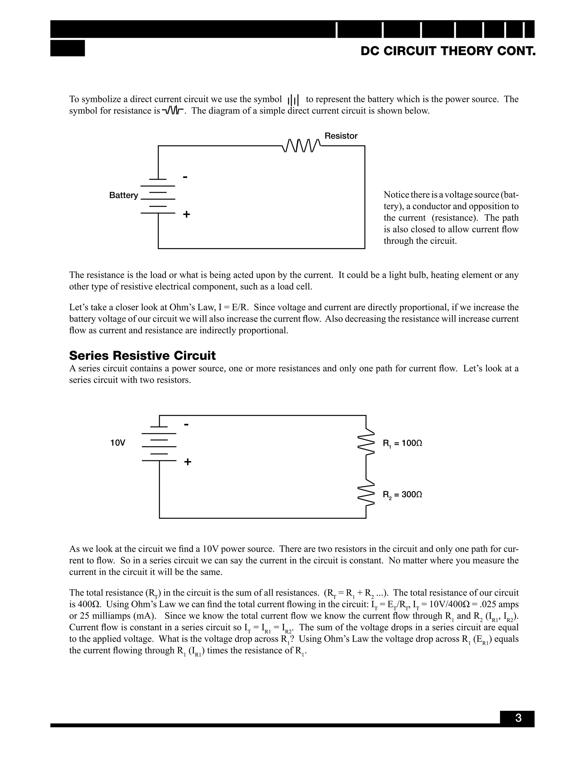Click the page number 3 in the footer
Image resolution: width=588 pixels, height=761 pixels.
(x=518, y=718)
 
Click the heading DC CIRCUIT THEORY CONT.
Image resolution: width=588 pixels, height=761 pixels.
(x=448, y=51)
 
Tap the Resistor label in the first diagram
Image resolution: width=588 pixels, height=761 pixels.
(x=341, y=136)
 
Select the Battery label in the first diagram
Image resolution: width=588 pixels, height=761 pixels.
(x=123, y=195)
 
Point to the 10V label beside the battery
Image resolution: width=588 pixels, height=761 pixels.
(x=117, y=443)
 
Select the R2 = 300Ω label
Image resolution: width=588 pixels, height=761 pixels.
(x=402, y=495)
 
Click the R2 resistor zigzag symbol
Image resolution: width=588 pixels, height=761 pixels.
(x=366, y=494)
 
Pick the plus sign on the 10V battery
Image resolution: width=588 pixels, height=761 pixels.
(x=187, y=462)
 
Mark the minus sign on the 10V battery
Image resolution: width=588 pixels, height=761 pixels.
(x=186, y=425)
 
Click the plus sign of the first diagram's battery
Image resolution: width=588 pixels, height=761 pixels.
(x=186, y=214)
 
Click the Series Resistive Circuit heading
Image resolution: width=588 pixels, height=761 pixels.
(x=142, y=356)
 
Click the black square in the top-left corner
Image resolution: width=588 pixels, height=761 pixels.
(x=67, y=48)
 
